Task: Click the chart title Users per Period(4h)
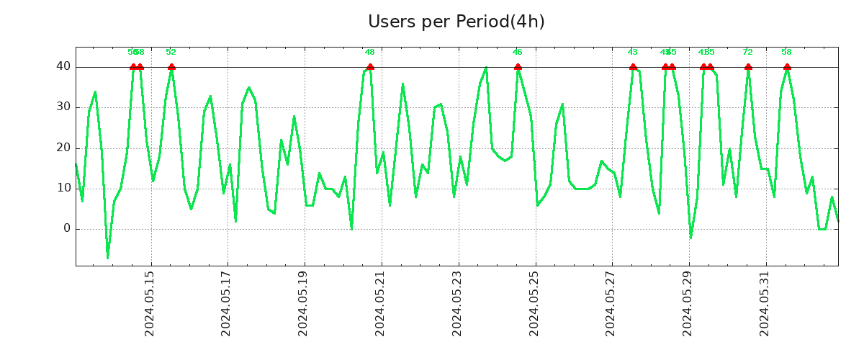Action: (x=456, y=22)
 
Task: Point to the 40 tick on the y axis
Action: (x=63, y=67)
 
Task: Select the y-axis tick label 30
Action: (x=63, y=107)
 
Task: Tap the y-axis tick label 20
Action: (x=63, y=148)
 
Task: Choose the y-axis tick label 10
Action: (x=63, y=189)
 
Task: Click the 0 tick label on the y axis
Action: (x=67, y=229)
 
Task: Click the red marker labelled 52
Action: (x=171, y=67)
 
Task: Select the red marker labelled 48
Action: (x=370, y=67)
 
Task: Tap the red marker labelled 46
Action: (x=518, y=67)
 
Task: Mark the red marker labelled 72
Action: (x=748, y=67)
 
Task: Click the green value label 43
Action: (x=633, y=52)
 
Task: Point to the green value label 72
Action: (x=748, y=52)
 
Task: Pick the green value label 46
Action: (x=518, y=52)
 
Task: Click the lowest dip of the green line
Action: (x=108, y=257)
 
